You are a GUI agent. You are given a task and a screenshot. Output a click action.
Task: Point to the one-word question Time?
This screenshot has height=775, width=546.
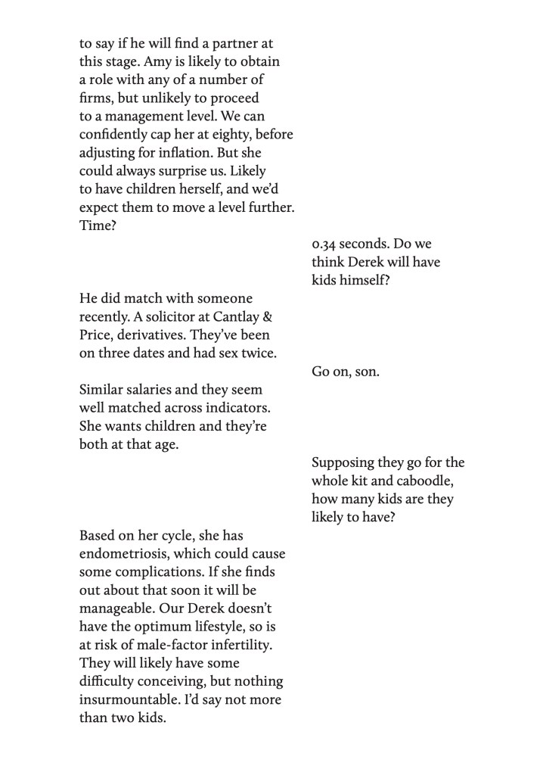98,226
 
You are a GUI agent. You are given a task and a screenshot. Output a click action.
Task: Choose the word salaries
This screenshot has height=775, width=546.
154,390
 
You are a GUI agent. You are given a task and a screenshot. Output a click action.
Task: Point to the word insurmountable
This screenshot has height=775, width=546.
127,699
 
